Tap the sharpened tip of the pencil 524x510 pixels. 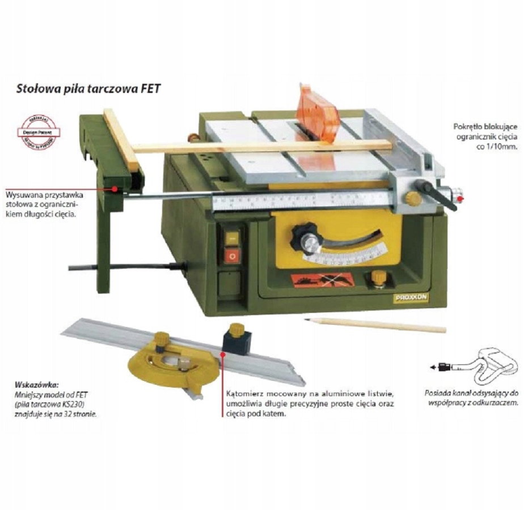(x=307, y=320)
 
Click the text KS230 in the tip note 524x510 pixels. (x=75, y=405)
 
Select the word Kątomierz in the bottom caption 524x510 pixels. (x=244, y=393)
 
